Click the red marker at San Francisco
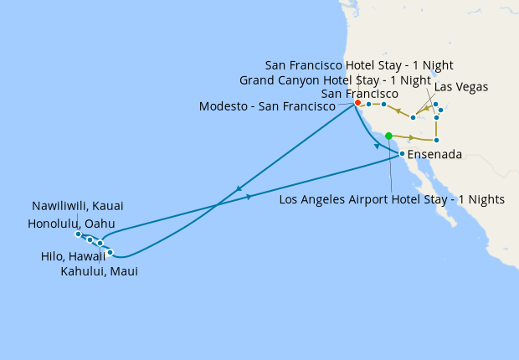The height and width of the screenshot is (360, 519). [357, 103]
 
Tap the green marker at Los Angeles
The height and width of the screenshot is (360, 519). [388, 135]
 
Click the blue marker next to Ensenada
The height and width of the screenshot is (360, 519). [402, 154]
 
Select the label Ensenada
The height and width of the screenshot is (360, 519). [434, 154]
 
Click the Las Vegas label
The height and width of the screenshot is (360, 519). [461, 87]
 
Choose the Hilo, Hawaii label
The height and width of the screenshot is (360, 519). [73, 257]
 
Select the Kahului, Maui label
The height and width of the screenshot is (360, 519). [100, 271]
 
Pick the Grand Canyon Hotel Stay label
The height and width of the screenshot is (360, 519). [335, 80]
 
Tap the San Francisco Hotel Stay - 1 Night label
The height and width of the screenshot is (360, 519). [348, 65]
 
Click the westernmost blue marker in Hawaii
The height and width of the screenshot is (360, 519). [78, 234]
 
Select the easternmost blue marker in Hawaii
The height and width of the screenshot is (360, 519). [110, 252]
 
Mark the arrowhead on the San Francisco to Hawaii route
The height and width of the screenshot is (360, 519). [239, 188]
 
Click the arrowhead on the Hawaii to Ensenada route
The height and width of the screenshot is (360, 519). [249, 197]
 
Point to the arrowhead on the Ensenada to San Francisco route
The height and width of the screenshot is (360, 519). [378, 146]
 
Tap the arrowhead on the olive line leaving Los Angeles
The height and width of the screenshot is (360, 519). [412, 137]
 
